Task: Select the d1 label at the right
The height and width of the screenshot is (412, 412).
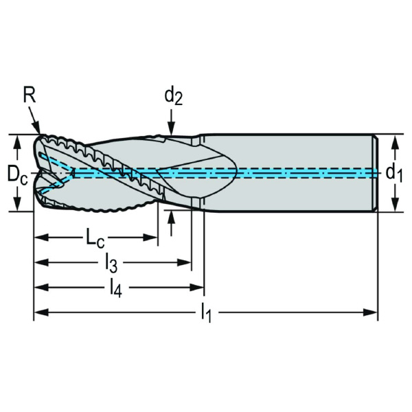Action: click(393, 173)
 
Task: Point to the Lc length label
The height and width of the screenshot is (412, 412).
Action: click(95, 238)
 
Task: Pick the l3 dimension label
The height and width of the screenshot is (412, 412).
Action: click(112, 262)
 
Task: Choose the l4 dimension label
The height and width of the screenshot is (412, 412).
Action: click(115, 288)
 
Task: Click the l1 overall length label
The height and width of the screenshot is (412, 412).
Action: click(206, 314)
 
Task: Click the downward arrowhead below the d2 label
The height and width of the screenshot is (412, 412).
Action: click(172, 130)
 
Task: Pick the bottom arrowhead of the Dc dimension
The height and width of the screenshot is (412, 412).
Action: click(17, 207)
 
